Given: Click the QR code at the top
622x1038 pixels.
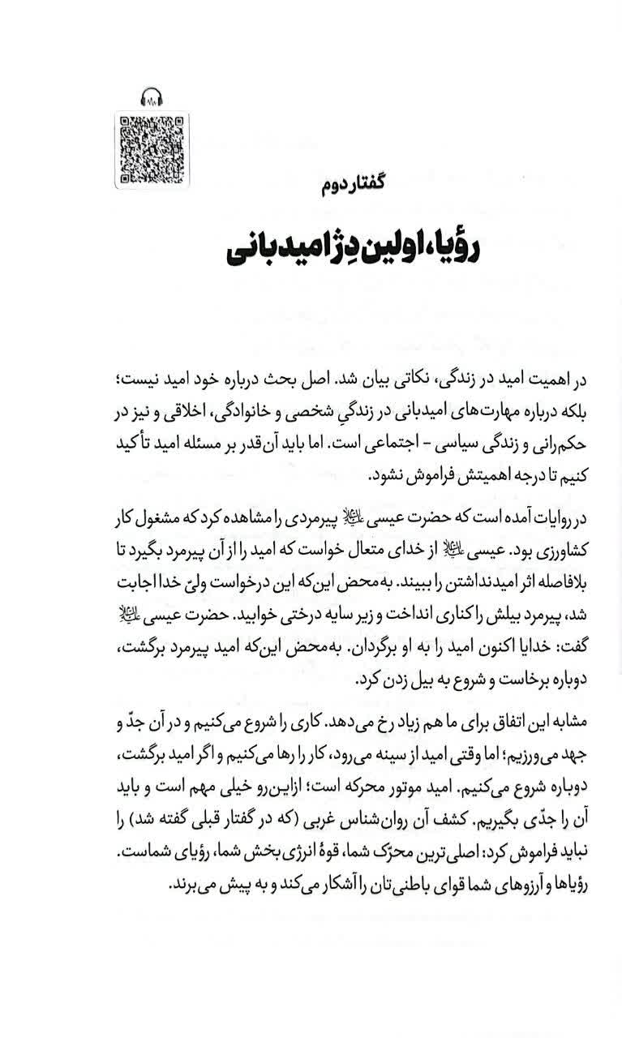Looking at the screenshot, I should coord(152,150).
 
